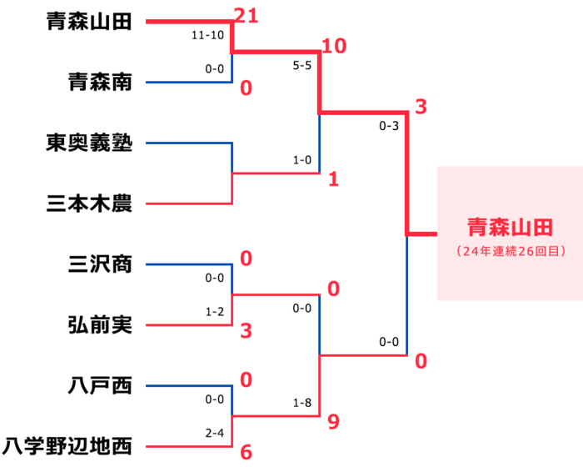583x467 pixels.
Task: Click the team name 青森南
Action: (99, 83)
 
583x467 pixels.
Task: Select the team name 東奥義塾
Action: (88, 143)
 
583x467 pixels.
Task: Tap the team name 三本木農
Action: (88, 203)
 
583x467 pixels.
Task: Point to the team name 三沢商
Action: (99, 264)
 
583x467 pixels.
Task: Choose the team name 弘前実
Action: (99, 325)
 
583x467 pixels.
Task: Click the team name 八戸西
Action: (99, 386)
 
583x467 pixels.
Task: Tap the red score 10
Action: (333, 46)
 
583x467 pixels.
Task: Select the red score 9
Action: (333, 422)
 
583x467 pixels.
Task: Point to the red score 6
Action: (246, 452)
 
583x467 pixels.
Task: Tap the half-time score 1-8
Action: (301, 402)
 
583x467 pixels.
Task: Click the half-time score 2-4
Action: (215, 432)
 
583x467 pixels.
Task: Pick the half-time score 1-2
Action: (215, 310)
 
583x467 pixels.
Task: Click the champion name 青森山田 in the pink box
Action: (509, 228)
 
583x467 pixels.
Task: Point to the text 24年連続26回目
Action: (510, 250)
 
